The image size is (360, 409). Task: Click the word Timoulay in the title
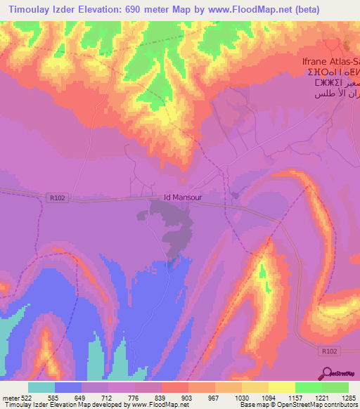point(30,10)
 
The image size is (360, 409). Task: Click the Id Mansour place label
point(183,198)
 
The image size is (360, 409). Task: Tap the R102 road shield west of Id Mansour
point(58,199)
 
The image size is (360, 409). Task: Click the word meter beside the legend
point(8,397)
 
